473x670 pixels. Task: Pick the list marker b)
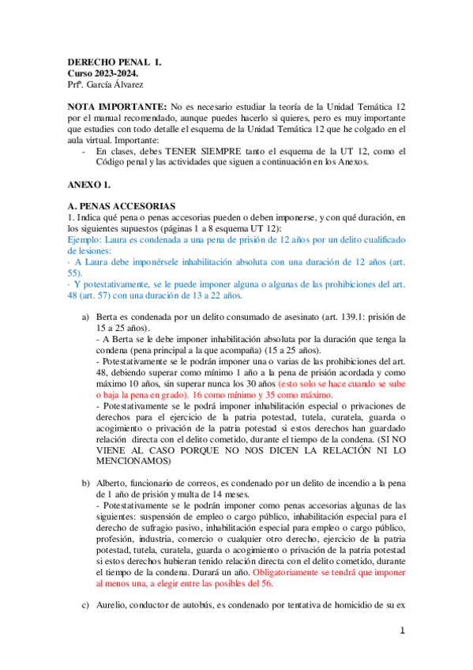tap(85, 482)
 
